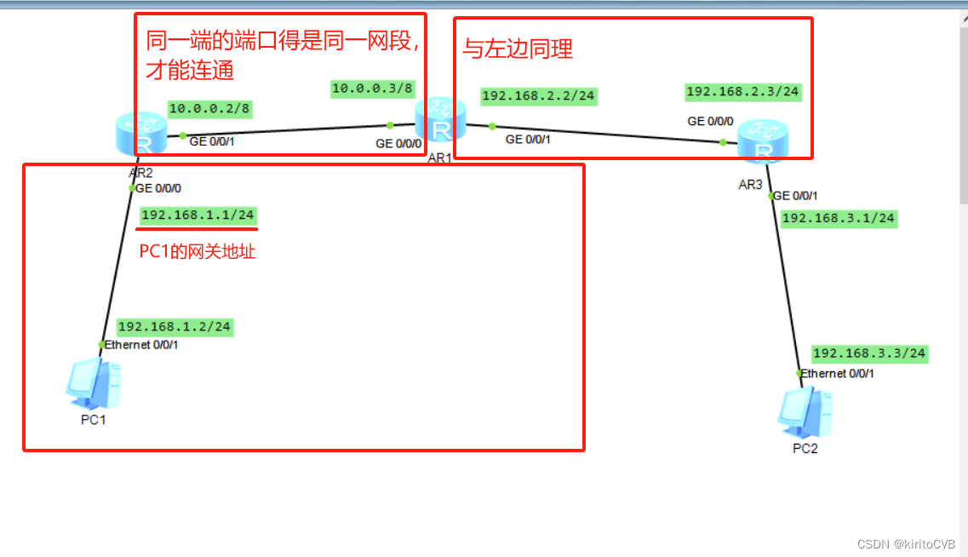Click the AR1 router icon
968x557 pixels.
[441, 121]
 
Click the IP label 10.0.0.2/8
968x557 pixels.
[209, 109]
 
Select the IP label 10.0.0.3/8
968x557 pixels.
[372, 89]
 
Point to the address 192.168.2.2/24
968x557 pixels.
[538, 96]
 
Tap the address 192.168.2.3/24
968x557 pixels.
[743, 92]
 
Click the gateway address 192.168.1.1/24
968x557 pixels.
[198, 215]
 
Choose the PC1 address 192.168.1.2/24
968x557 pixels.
[175, 326]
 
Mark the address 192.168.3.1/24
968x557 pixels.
[838, 218]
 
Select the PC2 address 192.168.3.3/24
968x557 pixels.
[869, 353]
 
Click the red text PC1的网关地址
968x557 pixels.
[198, 251]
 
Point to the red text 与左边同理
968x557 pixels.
[518, 49]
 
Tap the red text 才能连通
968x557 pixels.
[189, 71]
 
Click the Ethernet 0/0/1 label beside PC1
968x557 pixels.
[141, 345]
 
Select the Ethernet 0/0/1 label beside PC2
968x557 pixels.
[838, 373]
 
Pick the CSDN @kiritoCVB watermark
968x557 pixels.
[906, 544]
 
